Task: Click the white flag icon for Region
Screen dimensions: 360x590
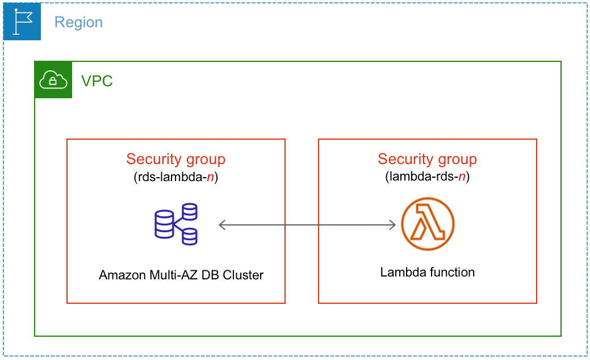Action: [22, 22]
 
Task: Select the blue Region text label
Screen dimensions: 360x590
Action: [78, 22]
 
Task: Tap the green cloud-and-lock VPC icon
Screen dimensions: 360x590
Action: [53, 80]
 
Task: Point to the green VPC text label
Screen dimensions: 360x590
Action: [97, 81]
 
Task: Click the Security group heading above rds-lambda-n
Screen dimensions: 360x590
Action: [175, 159]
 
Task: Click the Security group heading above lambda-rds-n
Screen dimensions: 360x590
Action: [427, 159]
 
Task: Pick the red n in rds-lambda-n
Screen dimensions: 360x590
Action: [210, 177]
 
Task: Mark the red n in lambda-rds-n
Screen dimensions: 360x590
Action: [462, 177]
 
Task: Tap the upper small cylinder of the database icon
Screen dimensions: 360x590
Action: [189, 211]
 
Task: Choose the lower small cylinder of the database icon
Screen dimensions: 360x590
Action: [189, 236]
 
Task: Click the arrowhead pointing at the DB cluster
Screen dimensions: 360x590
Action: [223, 225]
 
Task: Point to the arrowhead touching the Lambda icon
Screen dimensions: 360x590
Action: [391, 225]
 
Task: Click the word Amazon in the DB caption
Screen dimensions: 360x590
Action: [121, 275]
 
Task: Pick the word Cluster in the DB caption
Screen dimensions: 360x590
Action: [243, 275]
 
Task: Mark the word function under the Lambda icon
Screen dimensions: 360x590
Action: [452, 273]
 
